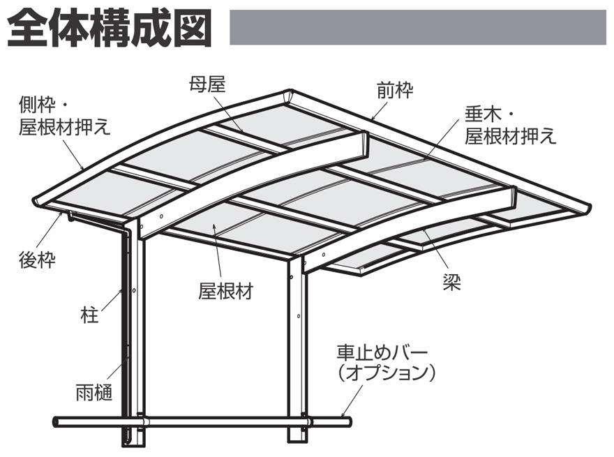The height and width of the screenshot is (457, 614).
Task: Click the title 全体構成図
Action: click(x=110, y=28)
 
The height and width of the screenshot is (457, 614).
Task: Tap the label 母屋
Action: click(x=207, y=84)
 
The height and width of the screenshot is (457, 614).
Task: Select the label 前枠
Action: click(x=395, y=90)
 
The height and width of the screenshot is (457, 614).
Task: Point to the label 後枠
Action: click(x=37, y=261)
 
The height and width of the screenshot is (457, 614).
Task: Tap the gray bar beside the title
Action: click(x=417, y=27)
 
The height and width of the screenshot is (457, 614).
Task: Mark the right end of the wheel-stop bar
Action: click(x=349, y=421)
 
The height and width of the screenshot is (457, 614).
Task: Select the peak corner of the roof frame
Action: click(x=290, y=93)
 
